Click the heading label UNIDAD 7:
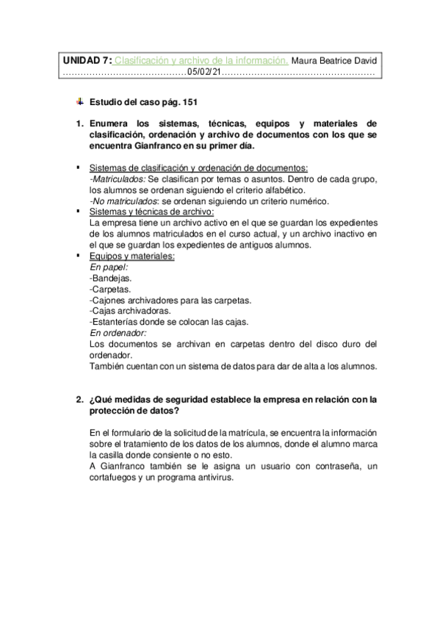(x=87, y=60)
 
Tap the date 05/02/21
(x=203, y=72)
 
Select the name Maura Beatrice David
(x=334, y=60)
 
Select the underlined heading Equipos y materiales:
(x=131, y=256)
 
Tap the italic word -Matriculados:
(x=118, y=179)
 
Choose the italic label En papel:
(x=108, y=268)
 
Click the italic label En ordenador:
(x=118, y=333)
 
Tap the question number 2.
(x=79, y=400)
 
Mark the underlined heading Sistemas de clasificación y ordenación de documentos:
(x=198, y=168)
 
